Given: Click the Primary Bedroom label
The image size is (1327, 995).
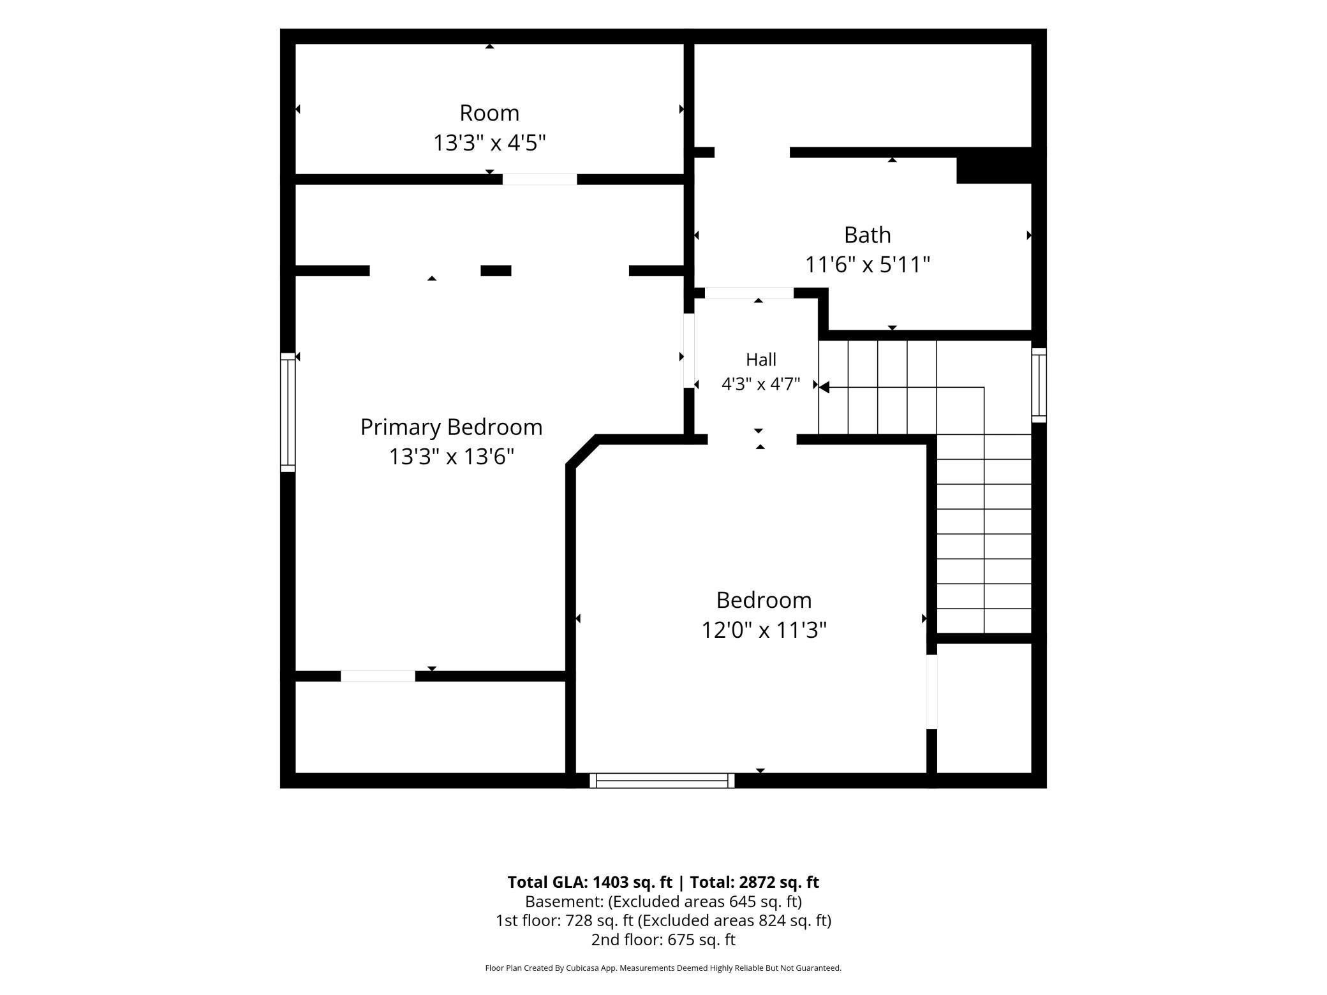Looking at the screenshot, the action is [451, 427].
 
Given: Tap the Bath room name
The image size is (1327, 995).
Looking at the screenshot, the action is [867, 235].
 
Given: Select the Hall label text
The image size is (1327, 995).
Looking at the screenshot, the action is [760, 360].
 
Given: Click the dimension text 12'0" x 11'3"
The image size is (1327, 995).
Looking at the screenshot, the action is [764, 630].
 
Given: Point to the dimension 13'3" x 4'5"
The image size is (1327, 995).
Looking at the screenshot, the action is [489, 143].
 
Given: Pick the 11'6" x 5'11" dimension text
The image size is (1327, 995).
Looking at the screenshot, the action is [867, 264].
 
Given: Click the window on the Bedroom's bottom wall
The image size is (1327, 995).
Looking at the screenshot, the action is [662, 781].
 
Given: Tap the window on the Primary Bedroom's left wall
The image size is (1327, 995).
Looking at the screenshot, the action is [288, 412].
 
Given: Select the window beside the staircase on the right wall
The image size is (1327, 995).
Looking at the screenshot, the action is [1039, 385].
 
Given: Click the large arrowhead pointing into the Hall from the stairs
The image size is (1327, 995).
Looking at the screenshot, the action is [824, 387].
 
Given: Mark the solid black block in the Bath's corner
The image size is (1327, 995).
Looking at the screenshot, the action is [994, 166].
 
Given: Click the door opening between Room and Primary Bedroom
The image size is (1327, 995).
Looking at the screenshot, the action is [540, 179].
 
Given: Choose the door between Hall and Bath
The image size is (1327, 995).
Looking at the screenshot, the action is [749, 293].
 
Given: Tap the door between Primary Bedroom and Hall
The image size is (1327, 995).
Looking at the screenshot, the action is [689, 350].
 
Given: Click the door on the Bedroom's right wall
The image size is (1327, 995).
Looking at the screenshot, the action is [931, 691].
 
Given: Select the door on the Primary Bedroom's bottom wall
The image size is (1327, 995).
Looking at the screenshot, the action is [378, 676].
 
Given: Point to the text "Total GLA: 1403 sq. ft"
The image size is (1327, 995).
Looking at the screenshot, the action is [589, 882].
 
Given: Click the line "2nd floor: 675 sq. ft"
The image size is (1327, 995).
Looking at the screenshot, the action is [663, 940].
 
